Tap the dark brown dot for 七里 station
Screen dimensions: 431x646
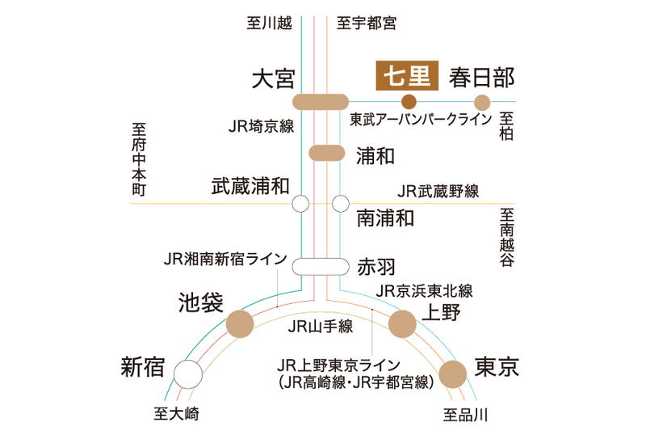(x=409, y=102)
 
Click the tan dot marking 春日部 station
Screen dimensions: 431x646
(x=482, y=102)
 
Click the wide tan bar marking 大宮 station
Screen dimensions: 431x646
(x=320, y=102)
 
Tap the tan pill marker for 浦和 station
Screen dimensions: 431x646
(x=327, y=153)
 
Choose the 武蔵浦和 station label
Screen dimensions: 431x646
(x=250, y=185)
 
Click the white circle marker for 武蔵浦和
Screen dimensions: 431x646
(x=301, y=203)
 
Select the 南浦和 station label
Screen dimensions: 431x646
(x=386, y=218)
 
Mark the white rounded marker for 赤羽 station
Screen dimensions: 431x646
(x=320, y=267)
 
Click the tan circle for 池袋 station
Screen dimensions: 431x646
(x=240, y=324)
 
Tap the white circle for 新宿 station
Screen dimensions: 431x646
(x=188, y=374)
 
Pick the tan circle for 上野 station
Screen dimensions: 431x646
(x=402, y=324)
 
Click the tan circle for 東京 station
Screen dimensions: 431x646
(x=452, y=374)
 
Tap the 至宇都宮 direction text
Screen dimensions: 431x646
(x=366, y=23)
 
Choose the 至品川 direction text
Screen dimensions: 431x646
(x=466, y=416)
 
